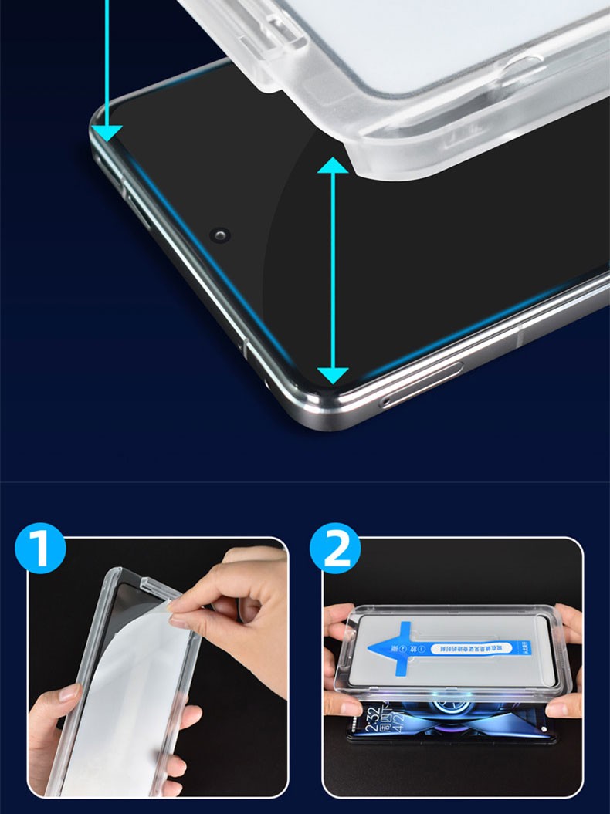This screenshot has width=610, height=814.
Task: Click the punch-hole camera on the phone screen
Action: click(222, 234)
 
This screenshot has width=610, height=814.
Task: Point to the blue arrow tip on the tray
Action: click(376, 644)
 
